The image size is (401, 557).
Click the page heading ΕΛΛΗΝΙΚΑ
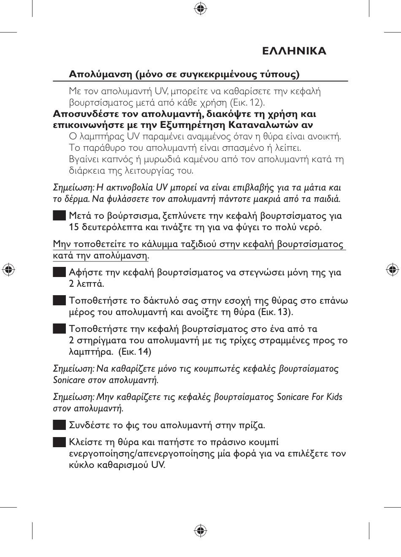[x=294, y=51]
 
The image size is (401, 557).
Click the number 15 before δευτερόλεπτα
[x=74, y=227]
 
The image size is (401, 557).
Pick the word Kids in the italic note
[x=334, y=397]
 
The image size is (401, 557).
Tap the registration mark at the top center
[x=200, y=8]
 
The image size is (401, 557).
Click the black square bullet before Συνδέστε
[x=59, y=424]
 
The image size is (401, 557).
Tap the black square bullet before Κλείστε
[x=59, y=442]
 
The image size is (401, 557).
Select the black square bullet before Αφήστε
[x=59, y=272]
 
